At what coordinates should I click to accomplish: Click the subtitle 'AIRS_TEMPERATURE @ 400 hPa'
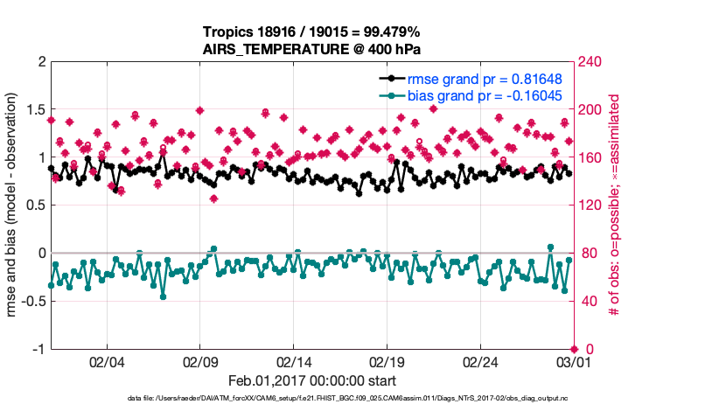point(313,48)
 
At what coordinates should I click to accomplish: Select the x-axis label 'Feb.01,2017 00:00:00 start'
point(312,380)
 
